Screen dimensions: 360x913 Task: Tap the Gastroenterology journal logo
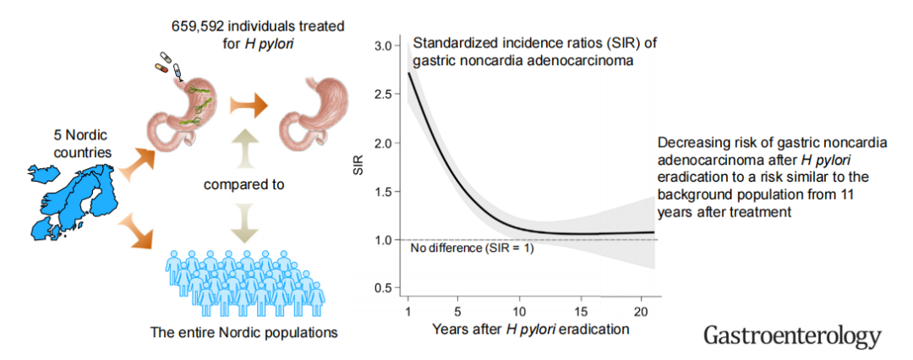pyautogui.click(x=792, y=335)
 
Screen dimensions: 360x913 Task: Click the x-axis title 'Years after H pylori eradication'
pyautogui.click(x=531, y=329)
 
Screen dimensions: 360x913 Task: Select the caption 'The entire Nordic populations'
pyautogui.click(x=243, y=332)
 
